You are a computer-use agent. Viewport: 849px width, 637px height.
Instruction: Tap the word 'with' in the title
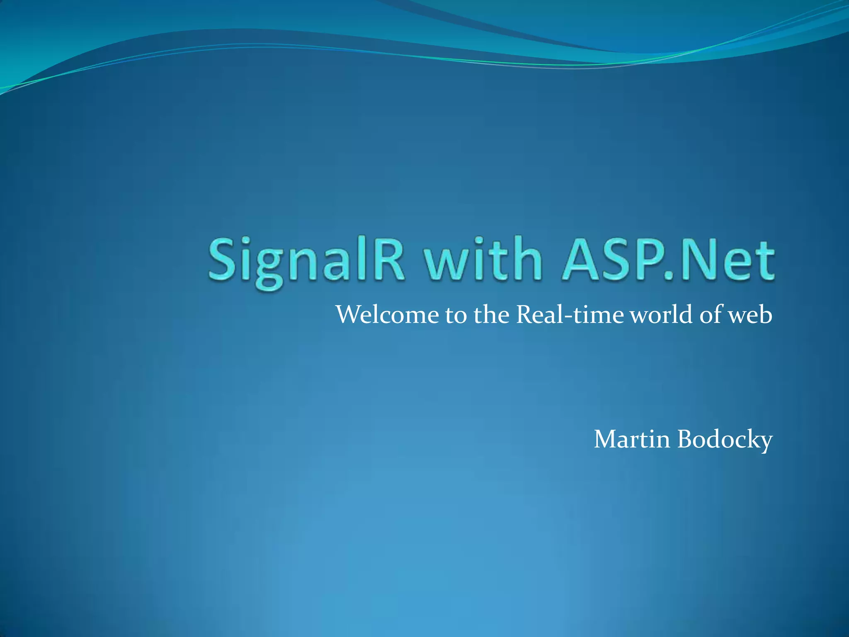[x=482, y=259]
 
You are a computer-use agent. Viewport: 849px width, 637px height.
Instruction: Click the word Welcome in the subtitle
[x=387, y=315]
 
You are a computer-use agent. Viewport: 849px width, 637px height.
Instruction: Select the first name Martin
[x=632, y=439]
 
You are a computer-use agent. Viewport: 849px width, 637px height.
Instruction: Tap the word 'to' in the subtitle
[x=456, y=316]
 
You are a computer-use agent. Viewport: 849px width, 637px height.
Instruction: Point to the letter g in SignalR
[x=270, y=265]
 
